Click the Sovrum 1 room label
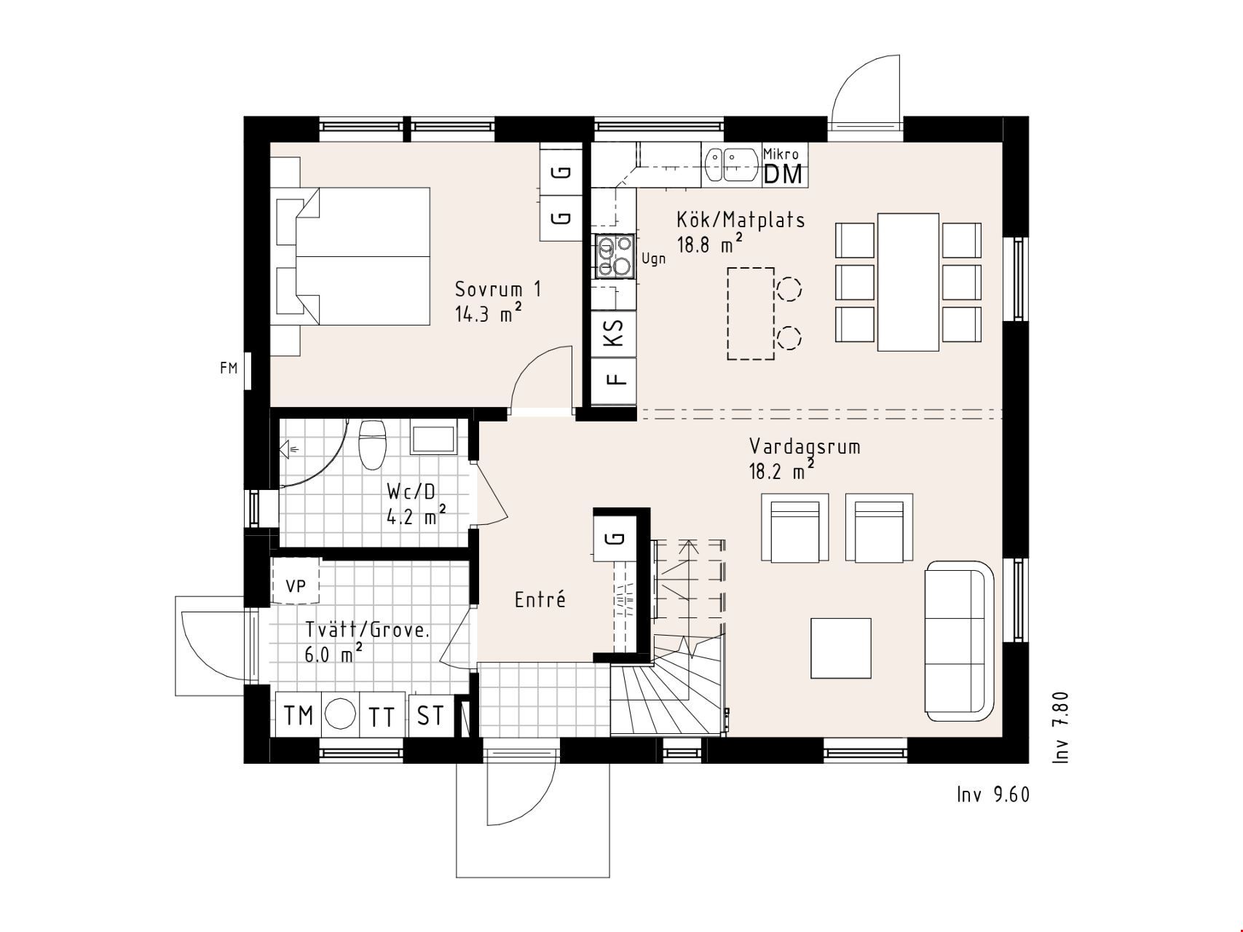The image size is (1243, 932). coord(498,289)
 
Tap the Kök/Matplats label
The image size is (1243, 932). coord(741,219)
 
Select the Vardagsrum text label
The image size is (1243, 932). coord(805,446)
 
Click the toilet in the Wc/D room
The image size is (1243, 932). coord(372,443)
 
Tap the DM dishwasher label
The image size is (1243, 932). coord(784,175)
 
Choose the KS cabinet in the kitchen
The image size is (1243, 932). coord(614,333)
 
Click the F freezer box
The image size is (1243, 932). coord(614,381)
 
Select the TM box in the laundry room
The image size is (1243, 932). coord(298,715)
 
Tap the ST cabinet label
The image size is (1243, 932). coord(431,715)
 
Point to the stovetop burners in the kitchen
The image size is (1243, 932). coord(615,256)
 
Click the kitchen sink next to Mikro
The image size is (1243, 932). coord(731,165)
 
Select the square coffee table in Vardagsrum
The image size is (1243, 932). coord(841,648)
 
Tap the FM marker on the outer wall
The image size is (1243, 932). coord(229,368)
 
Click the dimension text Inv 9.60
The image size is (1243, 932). coord(993,794)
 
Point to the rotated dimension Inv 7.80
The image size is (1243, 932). coord(1061,727)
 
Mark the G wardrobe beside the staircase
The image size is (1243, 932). coord(616,538)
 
